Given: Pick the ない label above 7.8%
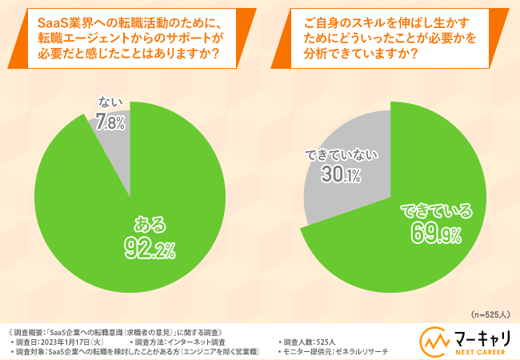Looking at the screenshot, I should pyautogui.click(x=110, y=102).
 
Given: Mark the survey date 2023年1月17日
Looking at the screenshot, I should pyautogui.click(x=75, y=342).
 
